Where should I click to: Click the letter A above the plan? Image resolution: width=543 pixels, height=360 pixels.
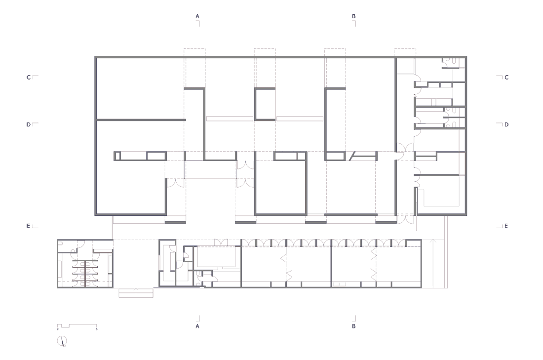[197, 16]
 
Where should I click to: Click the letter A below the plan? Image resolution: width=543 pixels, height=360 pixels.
[197, 326]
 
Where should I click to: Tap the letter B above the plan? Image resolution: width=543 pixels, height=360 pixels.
[353, 16]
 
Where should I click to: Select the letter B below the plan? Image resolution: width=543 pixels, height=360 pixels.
[353, 326]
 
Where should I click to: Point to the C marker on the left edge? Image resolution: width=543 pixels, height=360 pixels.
[29, 77]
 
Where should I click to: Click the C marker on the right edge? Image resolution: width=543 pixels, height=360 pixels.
[506, 77]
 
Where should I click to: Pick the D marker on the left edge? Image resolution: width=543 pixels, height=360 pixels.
[29, 124]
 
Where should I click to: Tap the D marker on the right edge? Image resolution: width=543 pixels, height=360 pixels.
[506, 124]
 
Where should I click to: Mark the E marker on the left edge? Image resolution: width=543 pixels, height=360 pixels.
[28, 226]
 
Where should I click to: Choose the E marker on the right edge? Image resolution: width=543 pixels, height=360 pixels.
[506, 226]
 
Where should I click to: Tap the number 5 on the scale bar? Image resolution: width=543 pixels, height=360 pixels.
[97, 329]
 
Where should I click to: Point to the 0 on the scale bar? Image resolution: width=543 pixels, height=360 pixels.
[58, 329]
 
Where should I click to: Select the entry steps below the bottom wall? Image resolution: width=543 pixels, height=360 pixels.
[136, 293]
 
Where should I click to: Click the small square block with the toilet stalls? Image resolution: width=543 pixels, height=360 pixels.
[85, 263]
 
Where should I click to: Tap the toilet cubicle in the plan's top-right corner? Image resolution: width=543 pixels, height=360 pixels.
[454, 63]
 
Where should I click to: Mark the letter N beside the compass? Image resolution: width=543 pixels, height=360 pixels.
[64, 346]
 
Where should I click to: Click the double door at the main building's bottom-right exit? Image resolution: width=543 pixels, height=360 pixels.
[405, 219]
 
